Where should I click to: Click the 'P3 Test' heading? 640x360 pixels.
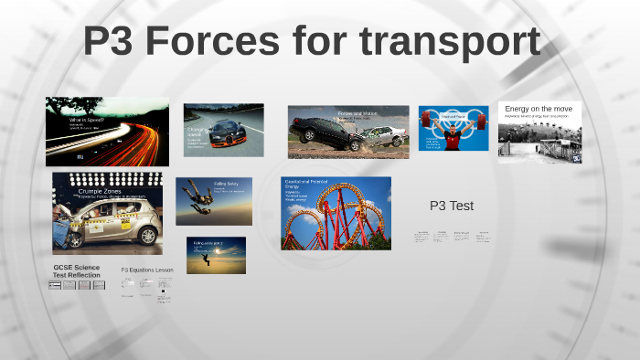click(451, 206)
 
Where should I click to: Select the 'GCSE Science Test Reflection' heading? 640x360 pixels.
click(75, 270)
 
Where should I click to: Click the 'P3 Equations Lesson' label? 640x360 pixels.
click(147, 270)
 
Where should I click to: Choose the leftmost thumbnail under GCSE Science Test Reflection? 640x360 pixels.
click(55, 285)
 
